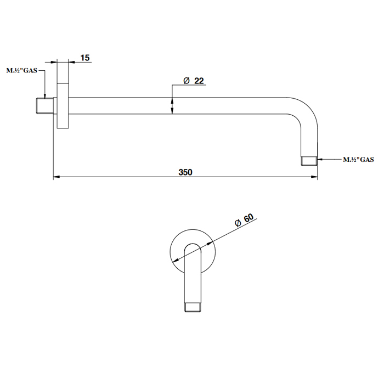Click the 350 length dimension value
coord(185,172)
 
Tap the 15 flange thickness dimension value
coord(85,58)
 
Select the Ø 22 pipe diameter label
coord(194,81)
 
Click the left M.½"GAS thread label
coord(22,71)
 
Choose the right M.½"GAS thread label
coord(358,160)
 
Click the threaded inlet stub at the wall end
coord(45,106)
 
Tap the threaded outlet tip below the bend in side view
coord(309,161)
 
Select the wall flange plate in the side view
coord(63,106)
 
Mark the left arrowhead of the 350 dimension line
coord(57,176)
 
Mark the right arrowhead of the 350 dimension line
coord(314,176)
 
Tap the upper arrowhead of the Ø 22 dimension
coord(172,100)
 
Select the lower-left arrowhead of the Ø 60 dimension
coord(176,261)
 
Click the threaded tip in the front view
coord(193,307)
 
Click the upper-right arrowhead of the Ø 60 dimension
coord(210,243)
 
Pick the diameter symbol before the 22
coord(187,81)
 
